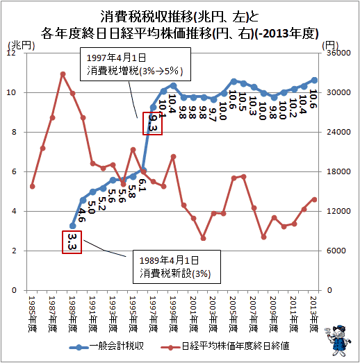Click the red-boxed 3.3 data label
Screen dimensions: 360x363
(x=72, y=242)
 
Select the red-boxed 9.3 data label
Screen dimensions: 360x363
(x=152, y=124)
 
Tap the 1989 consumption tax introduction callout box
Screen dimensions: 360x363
(x=177, y=267)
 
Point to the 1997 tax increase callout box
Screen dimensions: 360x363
(x=136, y=64)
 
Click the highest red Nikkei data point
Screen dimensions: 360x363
(x=63, y=74)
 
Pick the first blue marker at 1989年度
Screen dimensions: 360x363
(x=72, y=226)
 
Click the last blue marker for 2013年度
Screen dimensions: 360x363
(x=315, y=80)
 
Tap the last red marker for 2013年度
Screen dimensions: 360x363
(x=315, y=200)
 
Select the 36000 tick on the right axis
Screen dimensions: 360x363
(x=338, y=53)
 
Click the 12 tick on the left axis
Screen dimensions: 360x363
(x=11, y=53)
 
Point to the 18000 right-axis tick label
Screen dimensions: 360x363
(x=338, y=171)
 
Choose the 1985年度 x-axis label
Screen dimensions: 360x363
(x=32, y=314)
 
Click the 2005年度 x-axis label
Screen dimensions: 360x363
(x=234, y=314)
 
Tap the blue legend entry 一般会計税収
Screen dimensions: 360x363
(x=107, y=346)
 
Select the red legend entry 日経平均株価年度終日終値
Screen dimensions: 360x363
(x=225, y=346)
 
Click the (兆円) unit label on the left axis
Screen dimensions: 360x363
(x=22, y=45)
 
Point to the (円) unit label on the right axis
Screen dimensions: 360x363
(x=330, y=45)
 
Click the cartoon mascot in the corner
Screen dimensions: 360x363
(x=338, y=340)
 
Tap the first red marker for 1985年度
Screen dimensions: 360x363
(x=33, y=187)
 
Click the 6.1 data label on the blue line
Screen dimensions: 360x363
(x=142, y=185)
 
